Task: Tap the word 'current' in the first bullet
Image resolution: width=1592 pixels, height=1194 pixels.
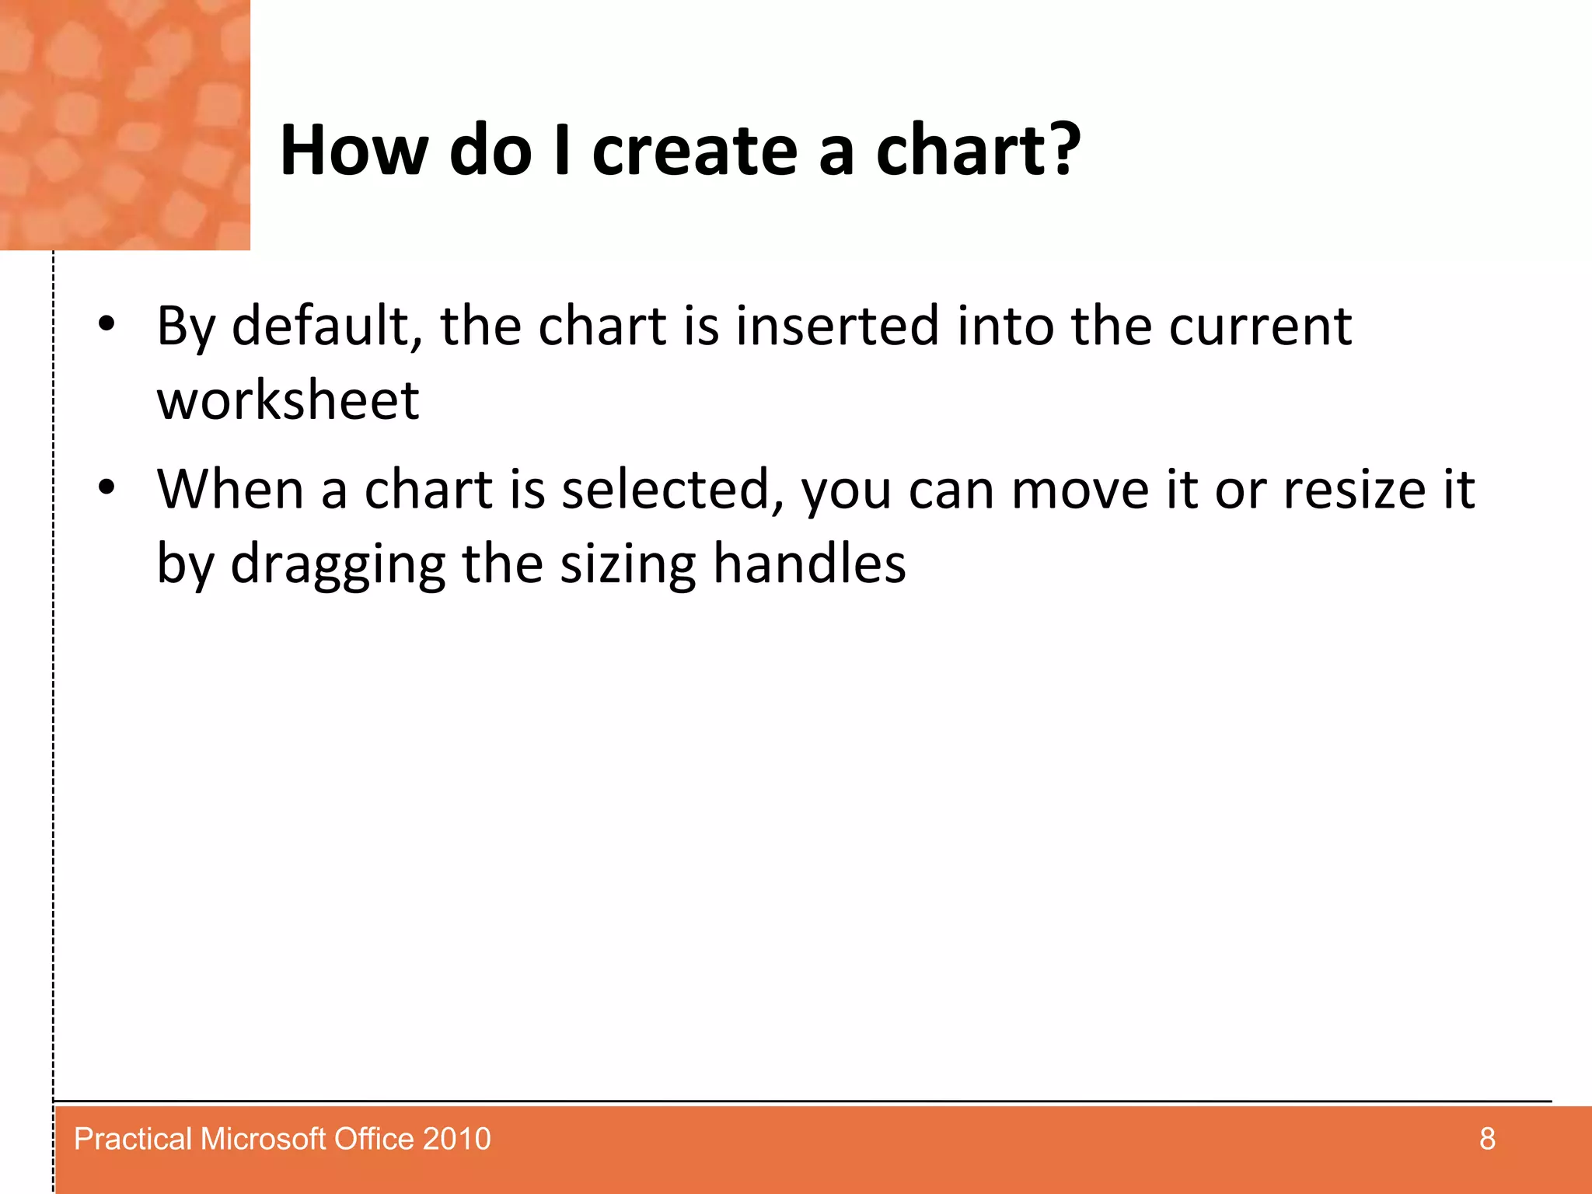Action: coord(1260,326)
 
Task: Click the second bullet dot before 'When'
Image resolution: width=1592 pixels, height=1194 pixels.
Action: coord(106,488)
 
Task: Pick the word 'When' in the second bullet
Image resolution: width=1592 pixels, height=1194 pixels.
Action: coord(230,490)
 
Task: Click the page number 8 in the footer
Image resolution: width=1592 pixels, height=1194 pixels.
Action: coord(1486,1139)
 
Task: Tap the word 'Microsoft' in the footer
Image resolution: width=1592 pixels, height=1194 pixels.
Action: coord(264,1139)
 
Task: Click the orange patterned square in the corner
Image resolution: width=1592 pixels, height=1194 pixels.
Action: coord(124,124)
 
